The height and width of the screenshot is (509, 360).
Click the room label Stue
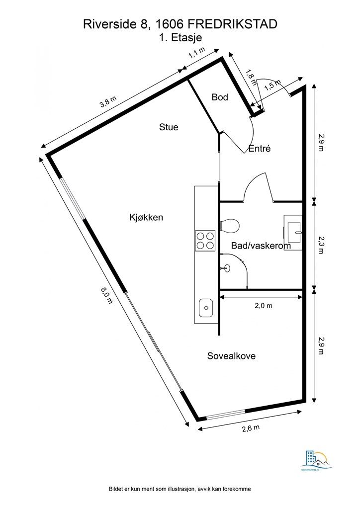pos(169,127)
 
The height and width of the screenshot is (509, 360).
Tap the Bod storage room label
pos(220,97)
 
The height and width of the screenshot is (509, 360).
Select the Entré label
pos(259,148)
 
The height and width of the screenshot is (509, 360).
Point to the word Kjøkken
pos(146,217)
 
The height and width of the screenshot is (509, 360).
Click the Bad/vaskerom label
pos(261,246)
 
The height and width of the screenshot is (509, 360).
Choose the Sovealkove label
pos(234,356)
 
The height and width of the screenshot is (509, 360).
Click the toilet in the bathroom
pos(230,226)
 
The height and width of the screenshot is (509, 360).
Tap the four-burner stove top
pos(205,241)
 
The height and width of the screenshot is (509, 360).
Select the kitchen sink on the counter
pos(205,308)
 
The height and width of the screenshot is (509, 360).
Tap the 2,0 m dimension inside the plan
pos(263,306)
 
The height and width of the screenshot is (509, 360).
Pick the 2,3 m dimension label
pos(321,244)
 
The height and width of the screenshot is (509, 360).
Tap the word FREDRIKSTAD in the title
pos(237,23)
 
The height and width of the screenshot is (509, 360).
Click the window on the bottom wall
pos(226,414)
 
